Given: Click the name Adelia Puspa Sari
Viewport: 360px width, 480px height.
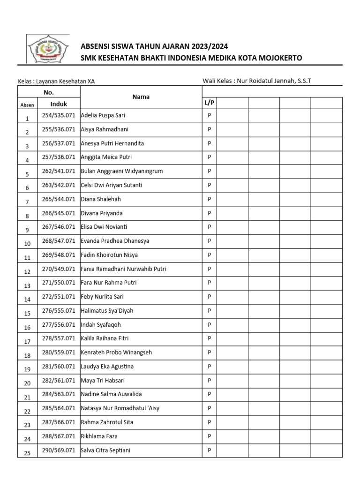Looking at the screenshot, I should coord(103,115).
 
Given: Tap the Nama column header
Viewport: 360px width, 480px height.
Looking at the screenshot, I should coord(141,97).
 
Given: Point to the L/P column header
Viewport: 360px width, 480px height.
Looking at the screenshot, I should coord(209,103).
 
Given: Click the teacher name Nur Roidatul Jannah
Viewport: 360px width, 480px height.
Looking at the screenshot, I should coord(265,81).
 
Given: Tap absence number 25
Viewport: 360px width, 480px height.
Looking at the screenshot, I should coord(27,453).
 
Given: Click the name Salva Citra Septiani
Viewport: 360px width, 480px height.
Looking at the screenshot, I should coord(105,450).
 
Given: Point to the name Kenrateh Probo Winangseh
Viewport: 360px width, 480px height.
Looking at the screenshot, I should coord(116,352).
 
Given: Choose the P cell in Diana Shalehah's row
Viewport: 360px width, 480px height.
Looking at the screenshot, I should coord(210,199).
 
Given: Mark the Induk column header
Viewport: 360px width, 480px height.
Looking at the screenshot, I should coord(59,104).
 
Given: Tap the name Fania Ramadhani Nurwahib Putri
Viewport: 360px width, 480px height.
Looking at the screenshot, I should coord(123,269).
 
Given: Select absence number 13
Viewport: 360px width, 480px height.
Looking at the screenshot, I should coord(27,285).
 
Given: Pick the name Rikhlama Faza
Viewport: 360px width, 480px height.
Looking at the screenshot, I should coord(98,436).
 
